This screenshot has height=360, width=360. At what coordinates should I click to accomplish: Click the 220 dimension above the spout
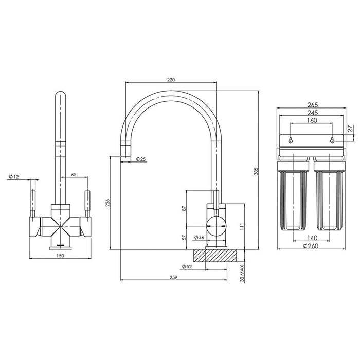click(x=171, y=80)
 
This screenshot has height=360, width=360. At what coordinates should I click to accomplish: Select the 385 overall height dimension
click(x=256, y=171)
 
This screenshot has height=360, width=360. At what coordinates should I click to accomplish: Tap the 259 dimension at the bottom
click(x=174, y=277)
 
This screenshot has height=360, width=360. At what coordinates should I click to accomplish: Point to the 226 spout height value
click(x=108, y=203)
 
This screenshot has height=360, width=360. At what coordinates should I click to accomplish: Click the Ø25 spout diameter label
click(x=141, y=159)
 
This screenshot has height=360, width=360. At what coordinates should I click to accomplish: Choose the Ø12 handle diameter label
click(x=13, y=177)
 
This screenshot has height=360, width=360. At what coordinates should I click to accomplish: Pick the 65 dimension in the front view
click(x=74, y=175)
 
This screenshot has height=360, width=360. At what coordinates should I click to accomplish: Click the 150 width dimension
click(x=60, y=256)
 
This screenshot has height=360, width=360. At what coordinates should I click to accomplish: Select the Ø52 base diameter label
click(x=187, y=266)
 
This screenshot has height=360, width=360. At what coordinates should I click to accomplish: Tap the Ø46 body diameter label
click(x=199, y=238)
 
